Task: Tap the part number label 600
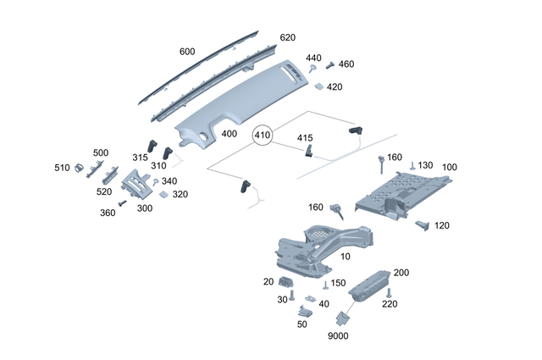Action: [187, 52]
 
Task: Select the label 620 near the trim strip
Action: [288, 38]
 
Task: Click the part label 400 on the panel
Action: [230, 134]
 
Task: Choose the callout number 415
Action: [305, 138]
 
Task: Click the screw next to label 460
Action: [329, 64]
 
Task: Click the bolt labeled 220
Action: [389, 294]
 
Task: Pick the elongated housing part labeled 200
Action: [369, 285]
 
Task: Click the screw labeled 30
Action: [292, 296]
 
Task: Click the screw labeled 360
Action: [122, 203]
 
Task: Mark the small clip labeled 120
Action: [423, 224]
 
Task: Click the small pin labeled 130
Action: [412, 167]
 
